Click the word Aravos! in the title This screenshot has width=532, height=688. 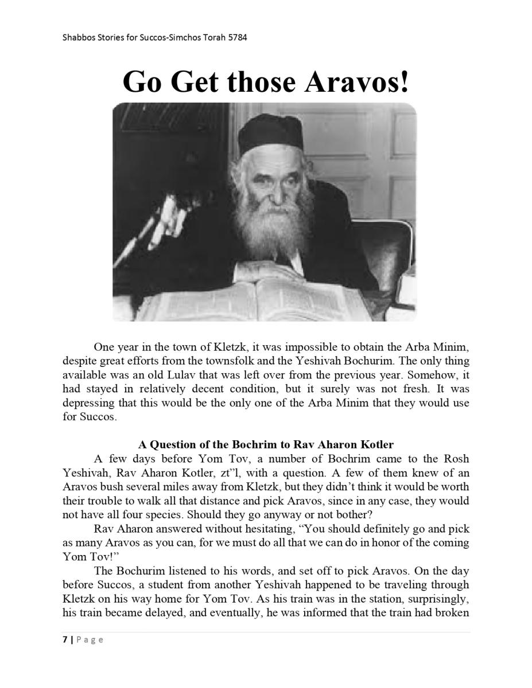tap(356, 81)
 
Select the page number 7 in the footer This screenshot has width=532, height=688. tap(65, 639)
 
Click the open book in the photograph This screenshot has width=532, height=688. tap(253, 298)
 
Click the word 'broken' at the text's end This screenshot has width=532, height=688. tap(453, 612)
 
